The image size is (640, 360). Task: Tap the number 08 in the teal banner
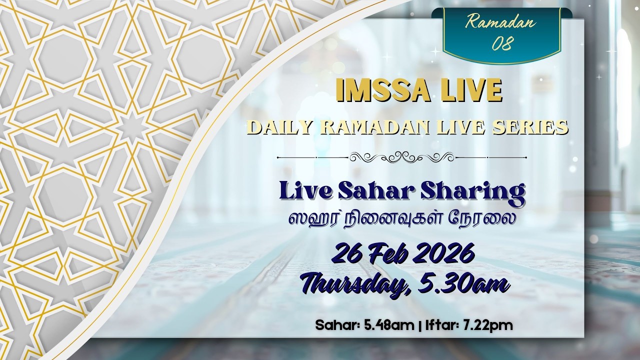point(501,44)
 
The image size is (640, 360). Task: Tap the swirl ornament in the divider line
point(401,157)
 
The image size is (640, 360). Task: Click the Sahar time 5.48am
point(390,325)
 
